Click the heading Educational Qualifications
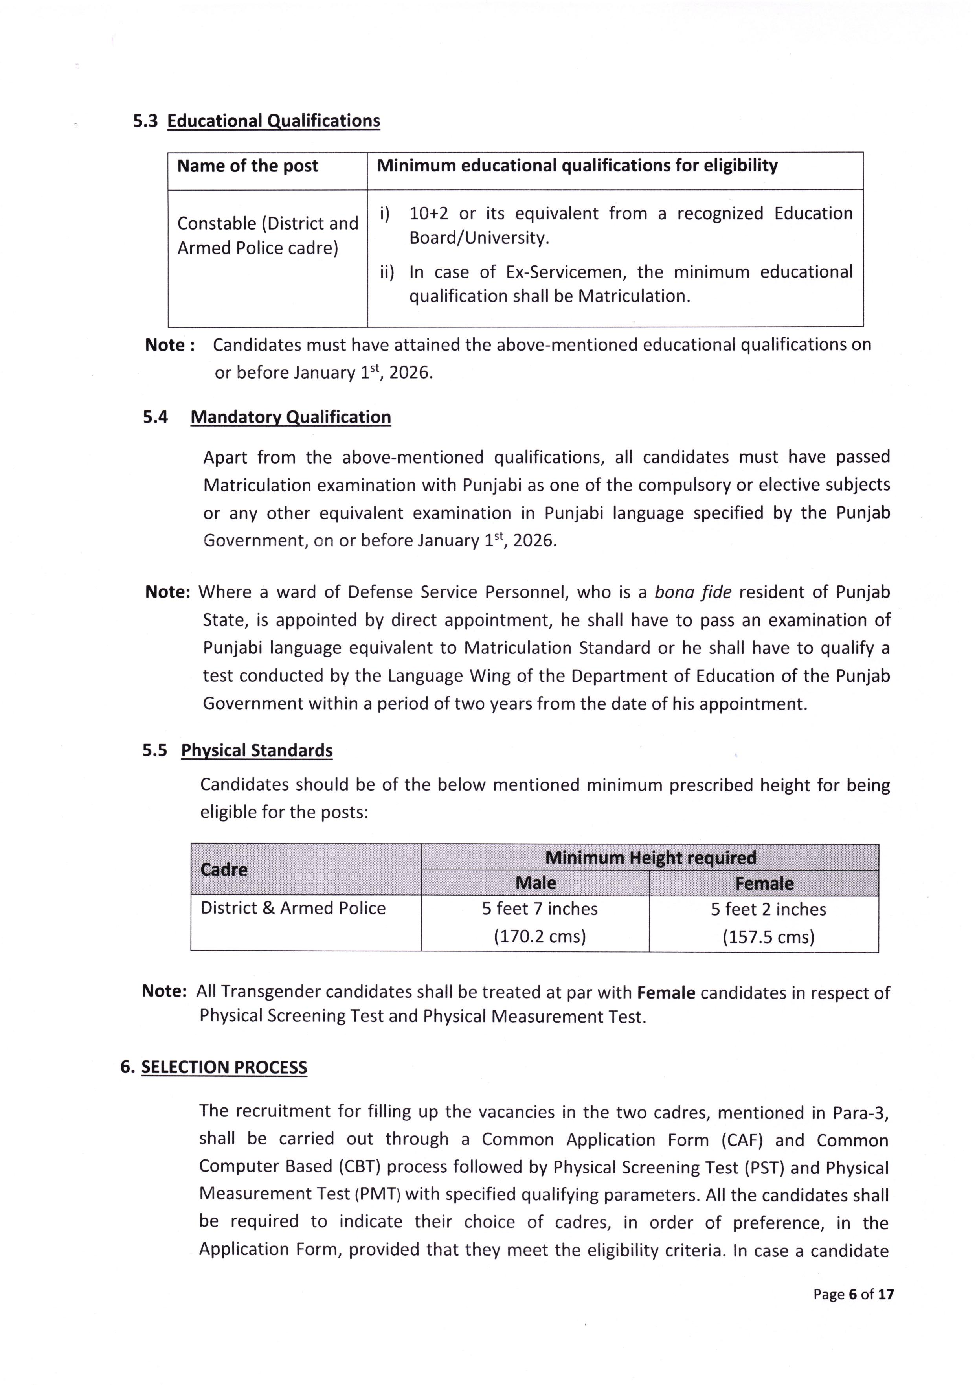273,121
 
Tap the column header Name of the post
247,166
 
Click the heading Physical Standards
257,750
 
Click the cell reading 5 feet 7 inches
539,909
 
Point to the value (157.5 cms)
768,937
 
